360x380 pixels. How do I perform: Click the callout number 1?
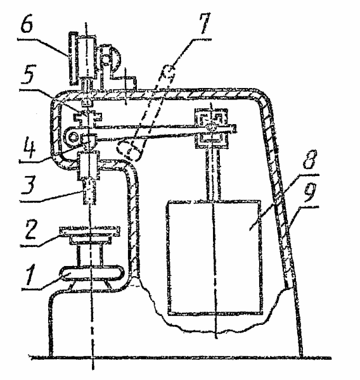point(30,275)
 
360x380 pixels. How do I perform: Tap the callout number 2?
point(30,229)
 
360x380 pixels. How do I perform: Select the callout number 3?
point(28,185)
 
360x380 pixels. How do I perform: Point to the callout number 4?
point(29,149)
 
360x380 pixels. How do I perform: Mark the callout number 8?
point(309,160)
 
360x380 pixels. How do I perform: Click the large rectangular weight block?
point(214,257)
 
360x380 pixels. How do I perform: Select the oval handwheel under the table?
point(91,274)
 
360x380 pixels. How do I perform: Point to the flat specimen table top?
point(89,229)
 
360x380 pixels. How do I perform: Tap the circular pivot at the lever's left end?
point(72,137)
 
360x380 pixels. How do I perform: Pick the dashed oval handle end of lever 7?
point(129,151)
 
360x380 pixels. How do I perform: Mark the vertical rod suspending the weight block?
point(214,174)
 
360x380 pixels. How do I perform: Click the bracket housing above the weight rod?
point(211,128)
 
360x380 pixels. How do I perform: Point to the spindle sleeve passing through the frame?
point(88,165)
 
